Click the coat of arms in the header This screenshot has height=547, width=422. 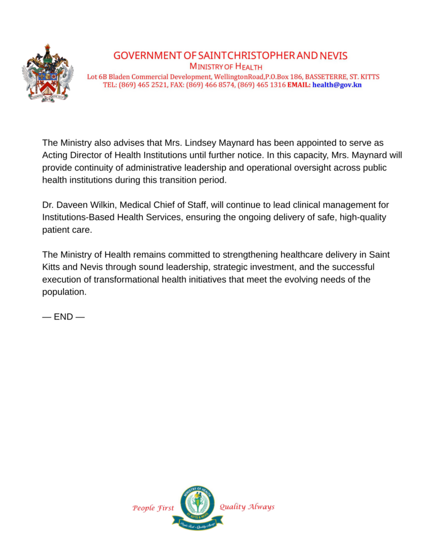47,74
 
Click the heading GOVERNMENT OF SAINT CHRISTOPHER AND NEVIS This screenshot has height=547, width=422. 230,56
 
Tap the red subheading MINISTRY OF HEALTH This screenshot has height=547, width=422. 226,66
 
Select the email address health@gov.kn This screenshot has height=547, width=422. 337,85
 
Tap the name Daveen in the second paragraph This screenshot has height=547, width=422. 69,205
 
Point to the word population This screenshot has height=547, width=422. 63,292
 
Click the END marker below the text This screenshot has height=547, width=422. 63,317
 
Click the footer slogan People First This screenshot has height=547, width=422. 153,508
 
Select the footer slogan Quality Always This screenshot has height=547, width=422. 247,507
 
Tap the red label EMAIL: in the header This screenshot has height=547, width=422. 299,85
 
